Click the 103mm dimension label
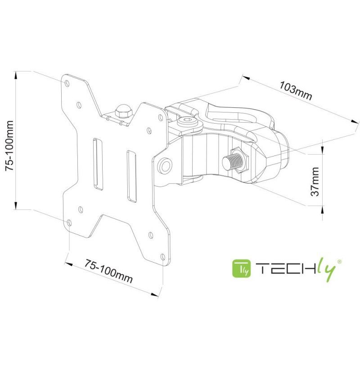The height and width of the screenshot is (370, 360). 296,91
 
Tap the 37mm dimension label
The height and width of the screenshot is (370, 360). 315,182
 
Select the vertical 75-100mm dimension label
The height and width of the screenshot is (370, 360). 9,145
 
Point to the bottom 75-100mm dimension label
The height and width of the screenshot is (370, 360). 108,271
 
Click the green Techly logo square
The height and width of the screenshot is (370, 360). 242,268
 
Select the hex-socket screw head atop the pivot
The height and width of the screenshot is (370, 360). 187,122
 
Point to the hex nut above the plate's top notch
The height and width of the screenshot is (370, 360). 123,111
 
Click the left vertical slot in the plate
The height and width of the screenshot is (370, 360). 98,163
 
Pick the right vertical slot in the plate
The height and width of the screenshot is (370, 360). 131,176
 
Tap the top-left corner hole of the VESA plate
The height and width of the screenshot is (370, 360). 67,83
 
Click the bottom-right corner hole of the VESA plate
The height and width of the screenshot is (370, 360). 162,257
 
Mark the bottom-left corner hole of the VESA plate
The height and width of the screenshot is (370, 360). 69,223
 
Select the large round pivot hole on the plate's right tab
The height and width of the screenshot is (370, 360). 165,165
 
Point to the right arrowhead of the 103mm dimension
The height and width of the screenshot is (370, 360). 355,121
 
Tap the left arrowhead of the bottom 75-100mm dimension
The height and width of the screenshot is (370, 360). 68,264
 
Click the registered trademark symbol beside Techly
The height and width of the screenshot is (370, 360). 339,262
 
